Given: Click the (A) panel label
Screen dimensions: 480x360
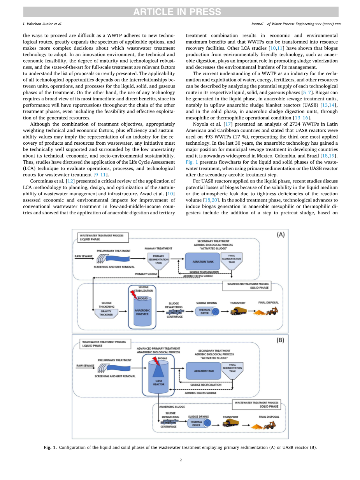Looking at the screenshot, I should [x=280, y=235].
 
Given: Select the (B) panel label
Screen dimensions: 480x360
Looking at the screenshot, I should [x=280, y=340].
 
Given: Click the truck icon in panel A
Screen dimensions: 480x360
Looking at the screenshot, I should [x=239, y=311].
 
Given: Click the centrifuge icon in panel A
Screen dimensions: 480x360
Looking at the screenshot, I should [x=174, y=312].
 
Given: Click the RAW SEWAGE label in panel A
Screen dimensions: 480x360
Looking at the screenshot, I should [x=84, y=256].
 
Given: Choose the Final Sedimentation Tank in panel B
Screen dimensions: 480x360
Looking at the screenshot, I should [x=232, y=369].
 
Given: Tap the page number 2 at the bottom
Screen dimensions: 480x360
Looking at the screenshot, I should [x=180, y=460].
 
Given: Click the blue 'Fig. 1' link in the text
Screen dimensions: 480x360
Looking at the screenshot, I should [x=191, y=161].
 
